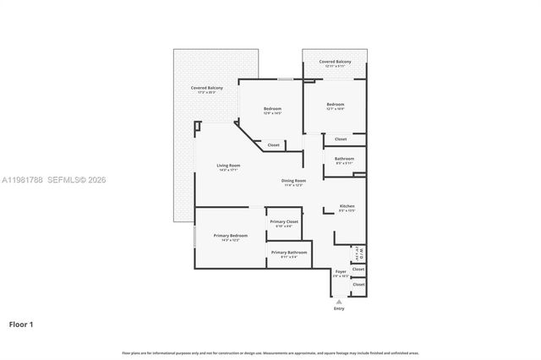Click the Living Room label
(228, 165)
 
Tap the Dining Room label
(293, 180)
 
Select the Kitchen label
(347, 206)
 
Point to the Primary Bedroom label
(230, 235)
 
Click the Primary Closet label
(284, 221)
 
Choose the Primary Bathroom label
(289, 252)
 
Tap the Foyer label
(340, 271)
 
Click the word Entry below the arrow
(339, 308)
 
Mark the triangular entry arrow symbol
(339, 301)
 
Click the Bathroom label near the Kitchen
(344, 158)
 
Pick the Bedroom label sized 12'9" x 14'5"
(272, 108)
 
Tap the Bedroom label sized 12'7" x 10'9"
(336, 104)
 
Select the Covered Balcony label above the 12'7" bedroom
(335, 62)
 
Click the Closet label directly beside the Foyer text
(358, 269)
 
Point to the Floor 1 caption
(21, 324)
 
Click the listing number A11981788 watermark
(22, 180)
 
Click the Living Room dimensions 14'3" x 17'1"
(228, 170)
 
